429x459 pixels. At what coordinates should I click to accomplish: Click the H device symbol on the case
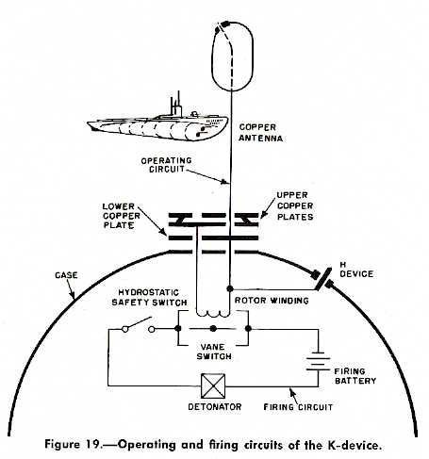tap(322, 279)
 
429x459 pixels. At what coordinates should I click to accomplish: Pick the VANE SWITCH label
tap(212, 352)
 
